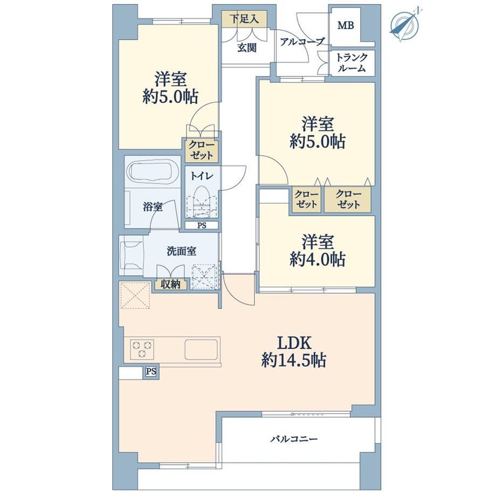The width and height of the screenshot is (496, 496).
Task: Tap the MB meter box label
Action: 346,25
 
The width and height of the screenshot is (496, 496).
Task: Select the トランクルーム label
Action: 352,63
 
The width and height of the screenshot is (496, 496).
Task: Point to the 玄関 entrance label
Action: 247,48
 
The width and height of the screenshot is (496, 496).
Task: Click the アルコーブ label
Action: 302,42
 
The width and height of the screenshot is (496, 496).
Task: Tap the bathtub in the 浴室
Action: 153,173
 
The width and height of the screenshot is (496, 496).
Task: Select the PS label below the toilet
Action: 202,225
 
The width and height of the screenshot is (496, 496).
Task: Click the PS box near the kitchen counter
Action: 151,371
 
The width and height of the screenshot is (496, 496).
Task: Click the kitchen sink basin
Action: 201,349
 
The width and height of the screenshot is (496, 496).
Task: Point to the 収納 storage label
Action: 171,284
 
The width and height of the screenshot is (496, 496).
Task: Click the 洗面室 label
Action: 182,251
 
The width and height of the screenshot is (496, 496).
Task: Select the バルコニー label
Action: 293,439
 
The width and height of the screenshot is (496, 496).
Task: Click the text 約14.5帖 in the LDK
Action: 294,360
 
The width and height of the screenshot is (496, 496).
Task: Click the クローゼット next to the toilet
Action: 202,150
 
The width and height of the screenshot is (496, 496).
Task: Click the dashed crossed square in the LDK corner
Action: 135,295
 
